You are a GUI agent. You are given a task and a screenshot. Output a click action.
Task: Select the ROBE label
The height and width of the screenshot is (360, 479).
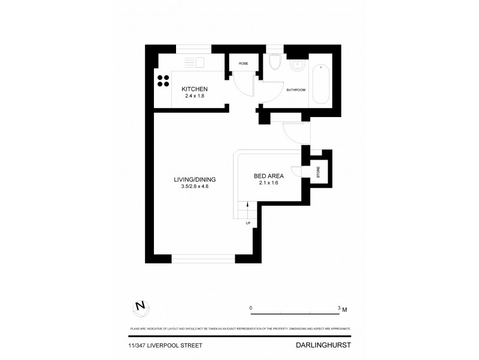point(244,63)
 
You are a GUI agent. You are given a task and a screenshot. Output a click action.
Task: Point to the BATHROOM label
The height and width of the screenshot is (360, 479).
point(296,90)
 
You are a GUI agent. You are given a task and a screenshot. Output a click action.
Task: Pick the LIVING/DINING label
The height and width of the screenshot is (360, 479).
point(195,179)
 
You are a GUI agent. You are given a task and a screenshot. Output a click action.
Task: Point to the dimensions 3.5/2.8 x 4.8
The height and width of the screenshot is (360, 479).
point(195,187)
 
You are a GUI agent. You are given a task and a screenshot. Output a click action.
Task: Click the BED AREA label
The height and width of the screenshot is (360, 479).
point(269,176)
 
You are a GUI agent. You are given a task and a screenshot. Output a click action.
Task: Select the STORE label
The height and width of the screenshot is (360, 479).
point(319,173)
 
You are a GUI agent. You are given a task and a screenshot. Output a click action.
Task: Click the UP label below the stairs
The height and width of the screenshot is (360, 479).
point(247,224)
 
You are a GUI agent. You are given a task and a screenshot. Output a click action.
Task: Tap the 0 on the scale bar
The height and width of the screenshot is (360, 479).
point(251,308)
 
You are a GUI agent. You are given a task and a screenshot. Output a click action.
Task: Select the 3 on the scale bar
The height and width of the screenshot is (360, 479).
point(339,308)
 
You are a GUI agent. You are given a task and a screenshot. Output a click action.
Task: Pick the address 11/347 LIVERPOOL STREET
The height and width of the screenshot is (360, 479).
point(157,346)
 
